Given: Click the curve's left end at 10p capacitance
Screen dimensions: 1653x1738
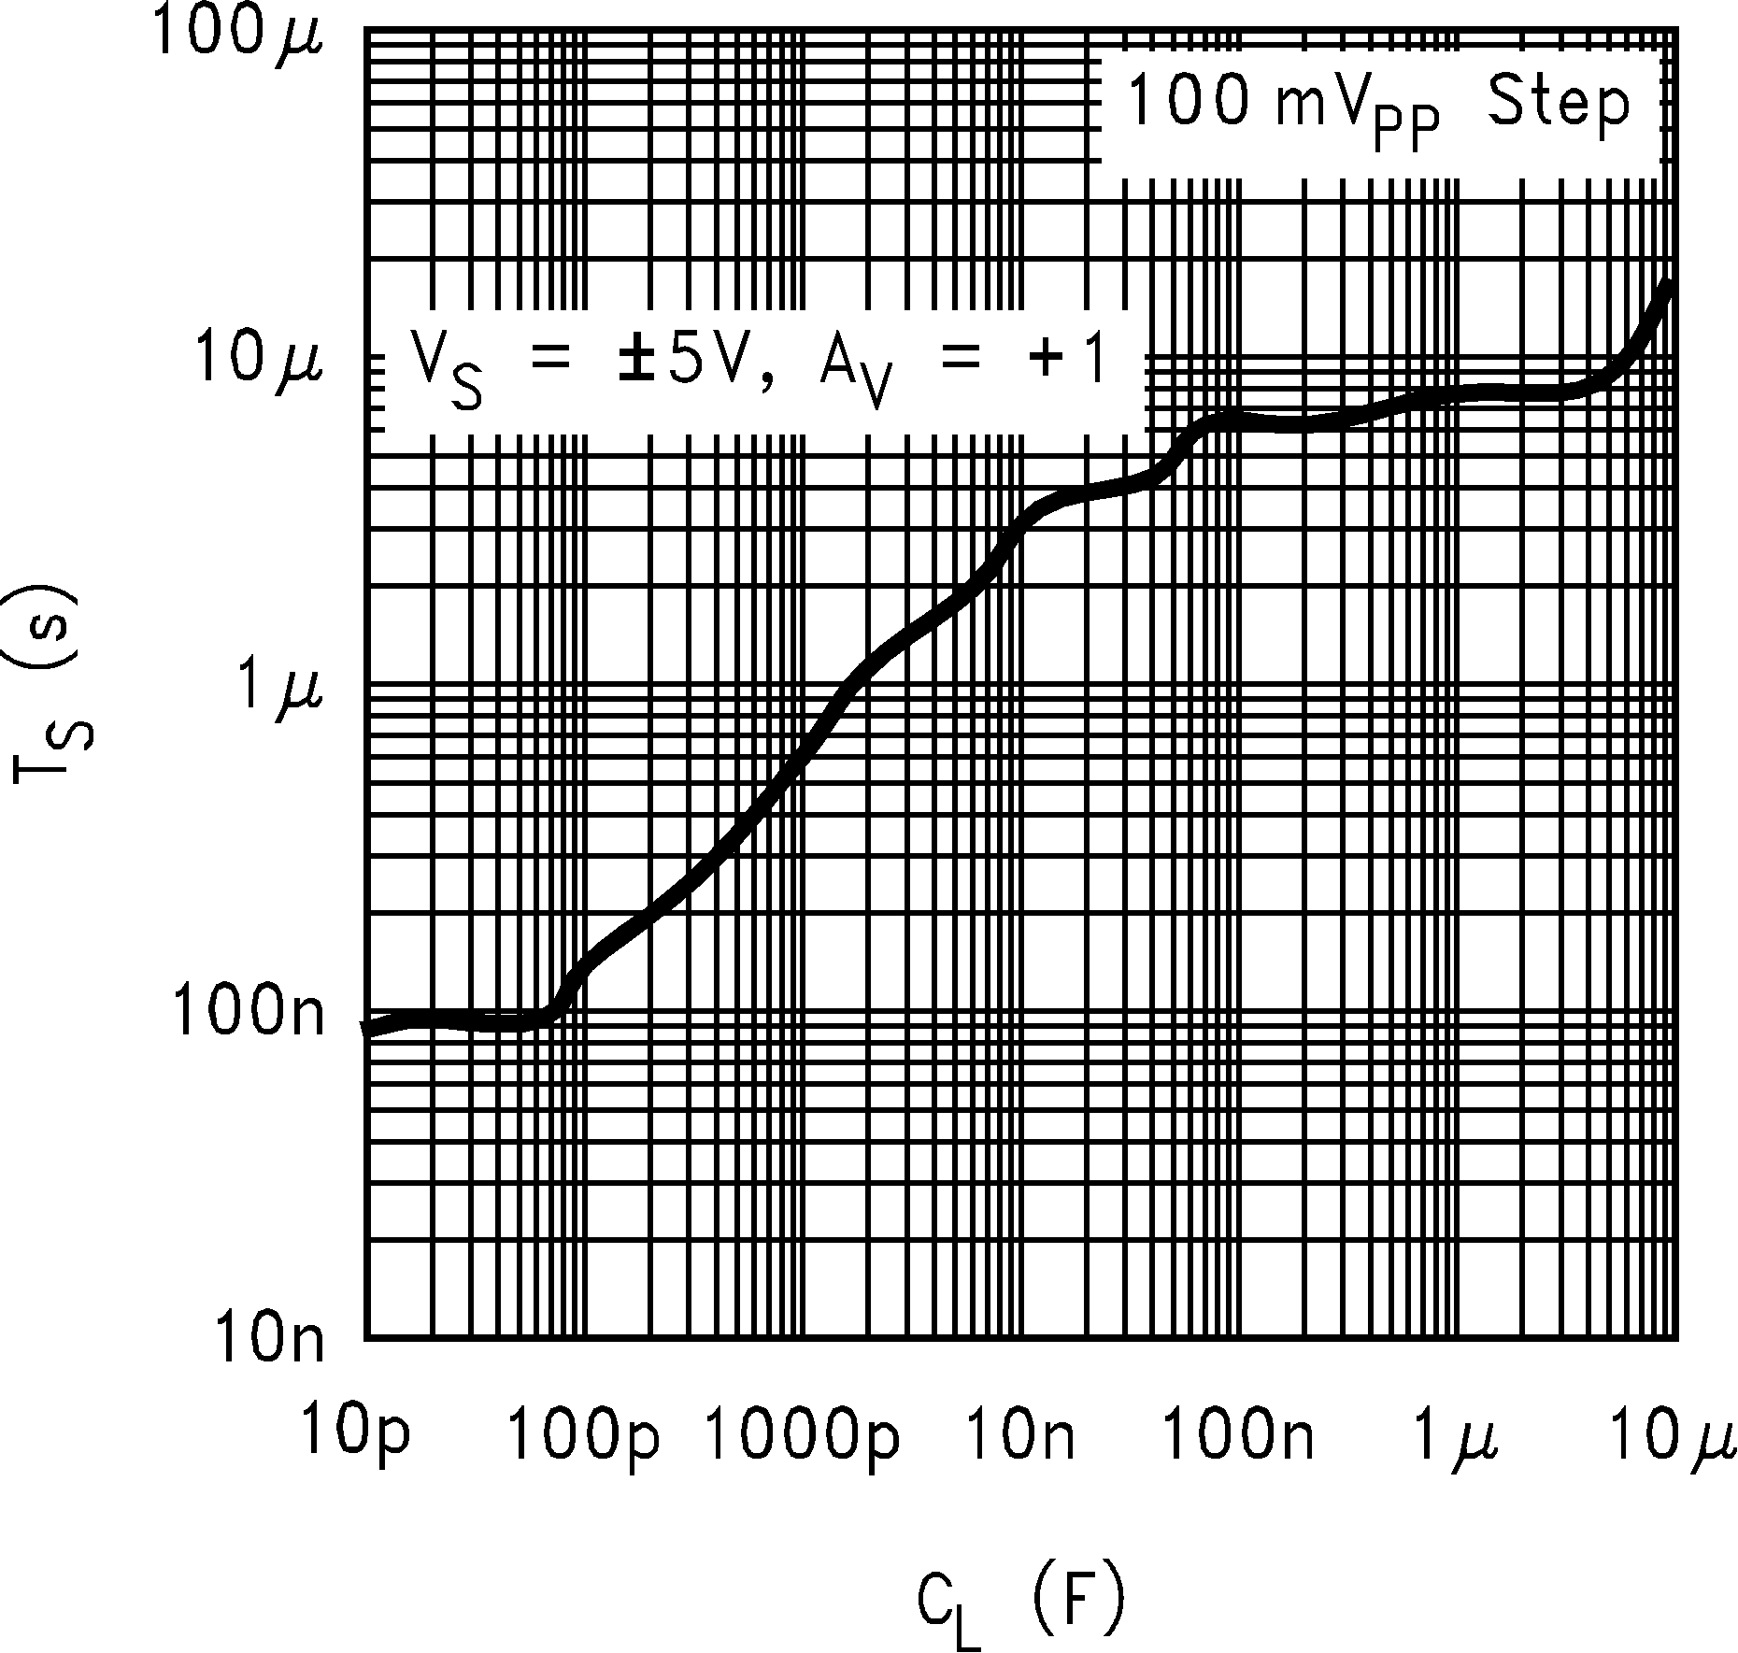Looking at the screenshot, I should (x=367, y=1029).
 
